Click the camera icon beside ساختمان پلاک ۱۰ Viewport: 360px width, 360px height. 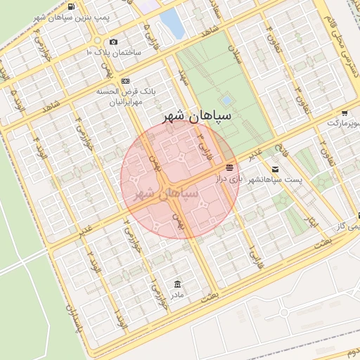[114, 41]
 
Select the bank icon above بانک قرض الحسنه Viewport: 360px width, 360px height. [125, 81]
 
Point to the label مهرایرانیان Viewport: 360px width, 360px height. [130, 103]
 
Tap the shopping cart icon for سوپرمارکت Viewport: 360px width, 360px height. [345, 112]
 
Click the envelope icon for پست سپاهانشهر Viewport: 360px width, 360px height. [274, 169]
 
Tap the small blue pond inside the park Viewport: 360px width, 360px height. [226, 100]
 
